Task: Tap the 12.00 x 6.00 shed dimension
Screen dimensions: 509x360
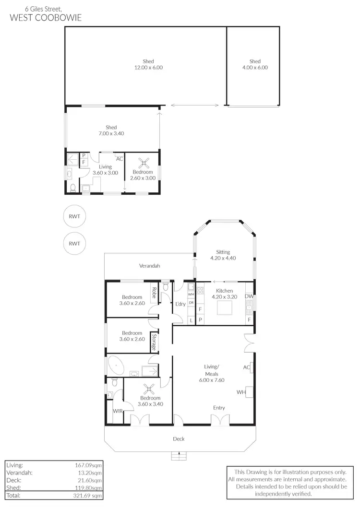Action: [148, 68]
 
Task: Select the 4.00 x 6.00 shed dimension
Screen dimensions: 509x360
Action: [255, 68]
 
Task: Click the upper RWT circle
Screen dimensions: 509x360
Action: [74, 216]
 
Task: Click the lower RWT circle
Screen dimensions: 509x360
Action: [74, 243]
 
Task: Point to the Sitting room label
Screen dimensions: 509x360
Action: [223, 252]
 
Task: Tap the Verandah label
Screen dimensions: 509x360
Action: [149, 266]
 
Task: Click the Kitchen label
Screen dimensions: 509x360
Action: [224, 291]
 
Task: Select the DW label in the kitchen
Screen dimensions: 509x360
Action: [249, 296]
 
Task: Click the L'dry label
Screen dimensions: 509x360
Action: [180, 304]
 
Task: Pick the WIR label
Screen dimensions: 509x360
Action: [117, 411]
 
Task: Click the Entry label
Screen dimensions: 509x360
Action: [219, 408]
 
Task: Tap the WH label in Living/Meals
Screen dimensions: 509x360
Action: [241, 392]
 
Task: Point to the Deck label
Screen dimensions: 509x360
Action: [179, 438]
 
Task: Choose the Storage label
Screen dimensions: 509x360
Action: [154, 343]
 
